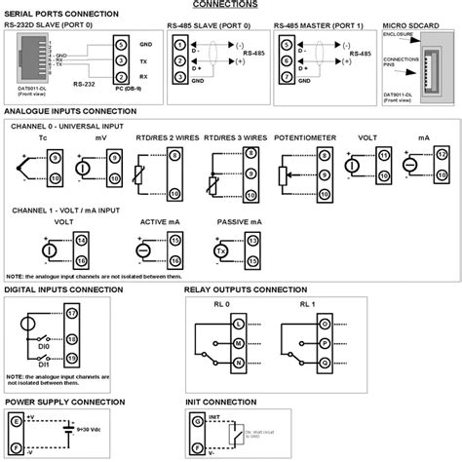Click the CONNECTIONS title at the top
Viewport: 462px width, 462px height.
(231, 4)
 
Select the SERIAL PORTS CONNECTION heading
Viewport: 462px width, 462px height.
(56, 14)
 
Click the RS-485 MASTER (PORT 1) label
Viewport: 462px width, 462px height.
(314, 26)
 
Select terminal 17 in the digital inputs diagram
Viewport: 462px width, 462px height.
(71, 312)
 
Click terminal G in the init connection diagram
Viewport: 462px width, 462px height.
(195, 419)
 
